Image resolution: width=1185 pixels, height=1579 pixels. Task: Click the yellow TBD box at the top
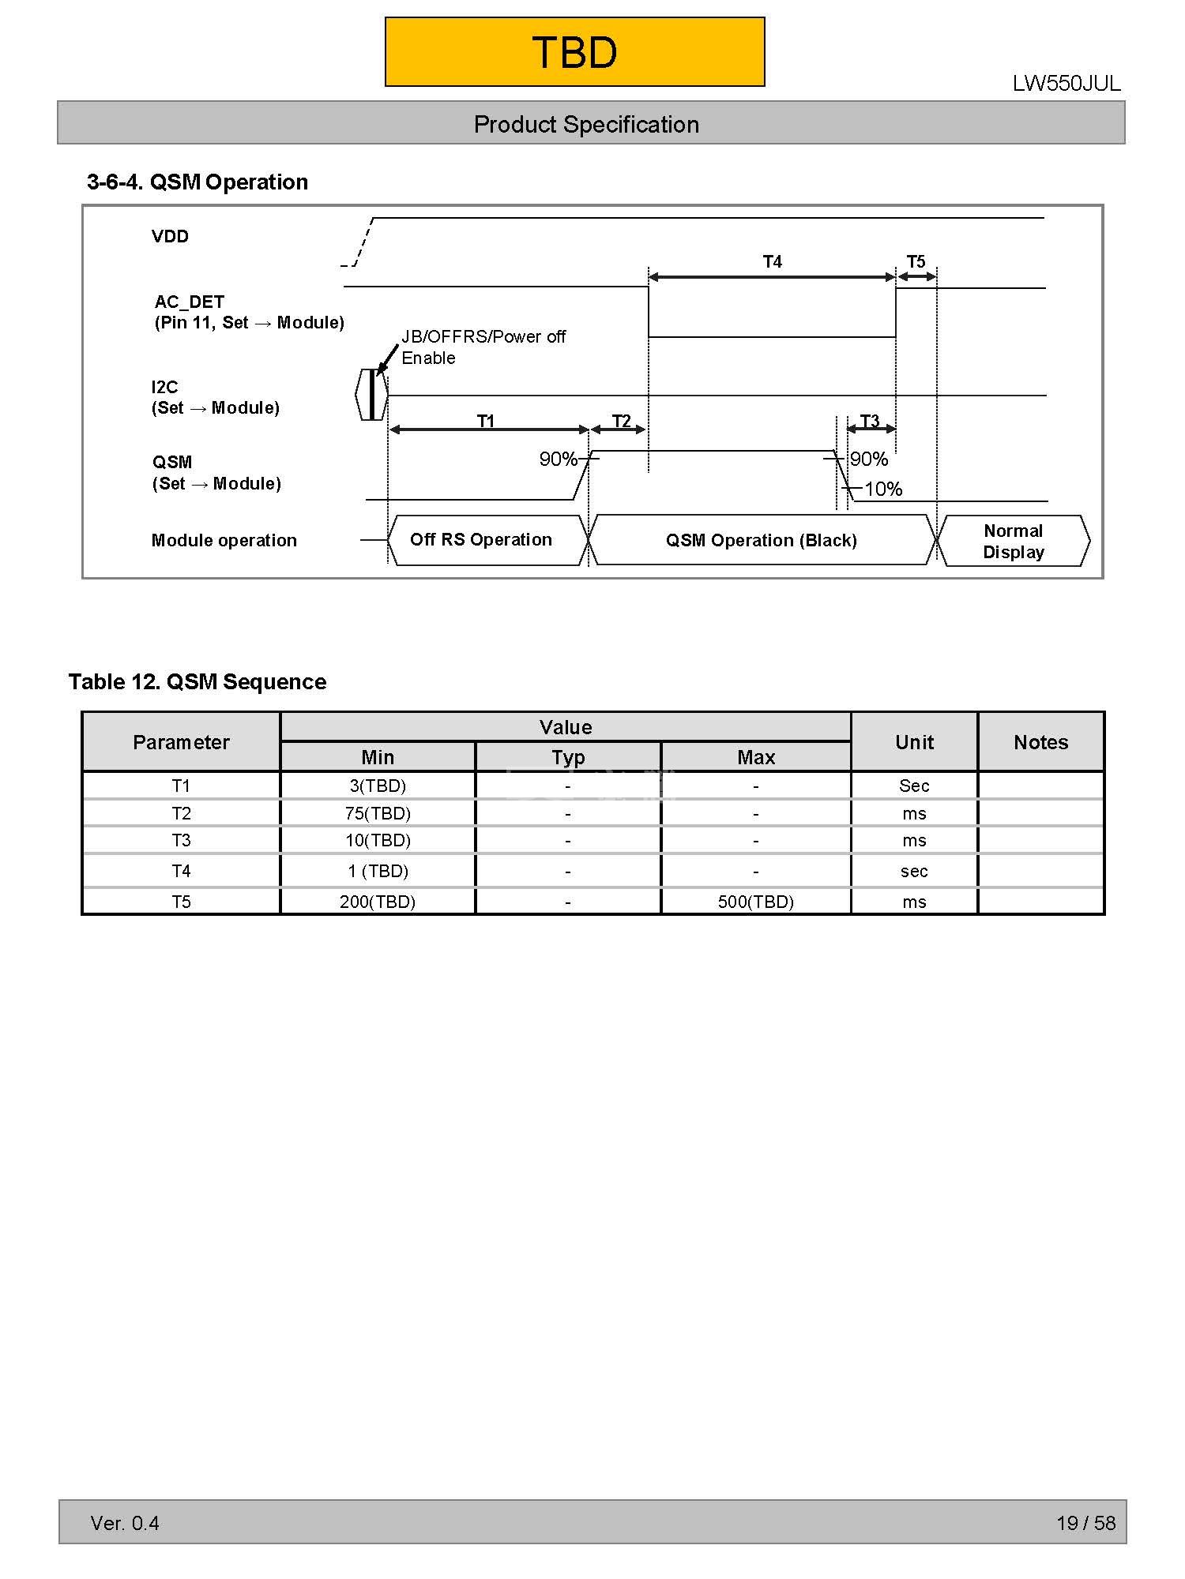[x=574, y=52]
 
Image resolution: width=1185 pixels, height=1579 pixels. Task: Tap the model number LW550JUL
[x=1066, y=84]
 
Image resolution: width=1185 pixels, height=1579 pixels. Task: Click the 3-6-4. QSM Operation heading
[x=197, y=182]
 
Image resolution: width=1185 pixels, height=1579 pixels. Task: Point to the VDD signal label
[x=170, y=236]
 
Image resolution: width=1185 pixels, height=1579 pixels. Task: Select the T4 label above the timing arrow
[x=772, y=261]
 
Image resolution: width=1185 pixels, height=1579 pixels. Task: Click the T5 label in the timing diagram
[x=916, y=261]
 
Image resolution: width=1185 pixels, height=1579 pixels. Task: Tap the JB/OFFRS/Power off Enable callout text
[x=483, y=347]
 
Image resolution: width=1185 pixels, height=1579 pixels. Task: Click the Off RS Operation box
[x=481, y=540]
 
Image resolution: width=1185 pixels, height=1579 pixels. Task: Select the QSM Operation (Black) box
[x=761, y=541]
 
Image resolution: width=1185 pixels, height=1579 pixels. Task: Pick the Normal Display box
[x=1013, y=542]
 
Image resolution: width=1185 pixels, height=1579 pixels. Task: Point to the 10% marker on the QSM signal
[x=882, y=489]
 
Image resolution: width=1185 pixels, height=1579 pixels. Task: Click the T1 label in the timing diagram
[x=486, y=421]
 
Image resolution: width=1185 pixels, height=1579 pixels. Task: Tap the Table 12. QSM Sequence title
[x=197, y=682]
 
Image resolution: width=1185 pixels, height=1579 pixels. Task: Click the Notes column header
[x=1040, y=742]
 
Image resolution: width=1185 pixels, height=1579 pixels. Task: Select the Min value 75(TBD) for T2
[x=378, y=813]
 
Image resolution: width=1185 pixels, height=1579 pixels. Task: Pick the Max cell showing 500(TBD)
[x=755, y=902]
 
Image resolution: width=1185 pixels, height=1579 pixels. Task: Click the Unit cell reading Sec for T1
[x=914, y=786]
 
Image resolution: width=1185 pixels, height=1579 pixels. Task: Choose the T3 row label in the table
[x=181, y=840]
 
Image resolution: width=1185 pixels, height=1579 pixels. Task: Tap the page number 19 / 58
[x=1085, y=1523]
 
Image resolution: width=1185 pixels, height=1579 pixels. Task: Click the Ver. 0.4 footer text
[x=125, y=1523]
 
